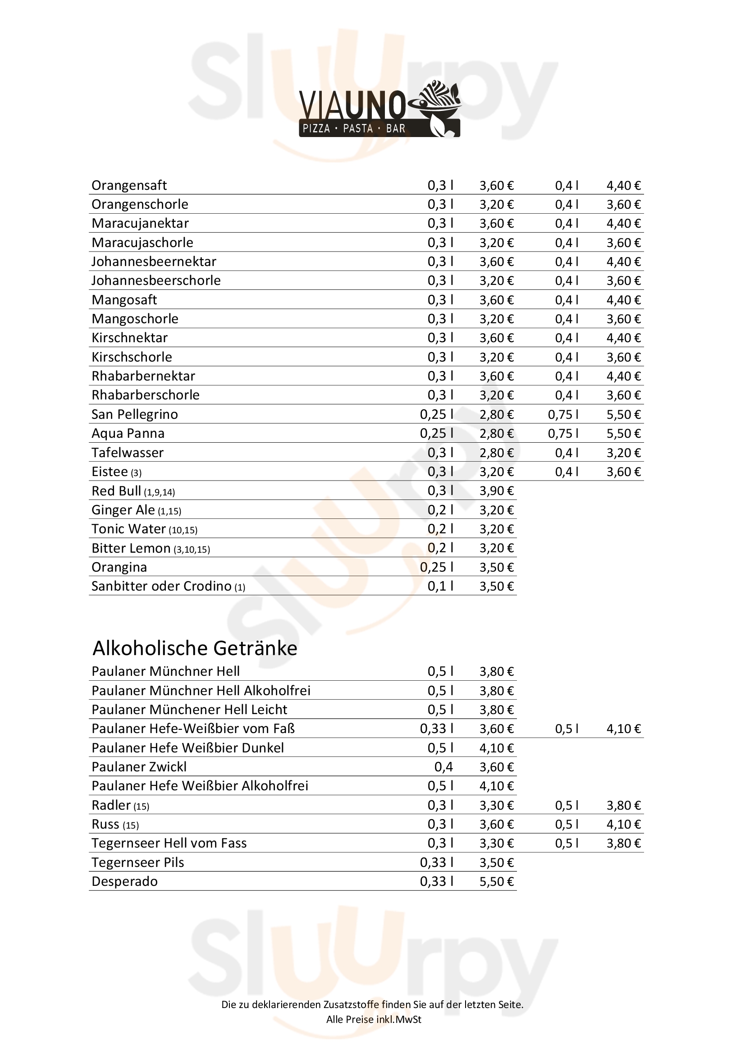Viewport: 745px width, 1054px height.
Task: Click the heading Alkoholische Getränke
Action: (195, 648)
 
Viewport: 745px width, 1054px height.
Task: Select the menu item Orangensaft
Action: (129, 185)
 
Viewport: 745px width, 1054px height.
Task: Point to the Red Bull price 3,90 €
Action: (496, 491)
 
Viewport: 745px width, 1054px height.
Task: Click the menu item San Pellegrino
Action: (134, 415)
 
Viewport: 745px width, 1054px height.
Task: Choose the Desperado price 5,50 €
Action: (496, 881)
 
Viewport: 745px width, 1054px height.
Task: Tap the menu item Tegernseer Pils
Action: (138, 862)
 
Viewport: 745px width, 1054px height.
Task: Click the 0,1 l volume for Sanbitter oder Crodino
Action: (440, 586)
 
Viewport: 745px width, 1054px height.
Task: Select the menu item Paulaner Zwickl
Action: (139, 767)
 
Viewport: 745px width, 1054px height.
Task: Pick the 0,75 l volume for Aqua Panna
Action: (563, 433)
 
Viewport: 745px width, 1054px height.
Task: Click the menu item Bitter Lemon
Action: (131, 548)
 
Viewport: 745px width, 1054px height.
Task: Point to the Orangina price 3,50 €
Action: (496, 567)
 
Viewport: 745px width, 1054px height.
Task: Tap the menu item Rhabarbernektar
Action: (143, 376)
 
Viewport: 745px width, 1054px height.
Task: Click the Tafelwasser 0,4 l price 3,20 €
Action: (623, 453)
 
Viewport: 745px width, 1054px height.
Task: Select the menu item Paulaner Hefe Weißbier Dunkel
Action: (188, 748)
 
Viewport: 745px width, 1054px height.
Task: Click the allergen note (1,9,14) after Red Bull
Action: (159, 493)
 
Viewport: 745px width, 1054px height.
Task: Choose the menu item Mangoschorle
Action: (135, 319)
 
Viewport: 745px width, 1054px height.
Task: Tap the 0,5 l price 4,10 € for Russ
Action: (623, 824)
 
